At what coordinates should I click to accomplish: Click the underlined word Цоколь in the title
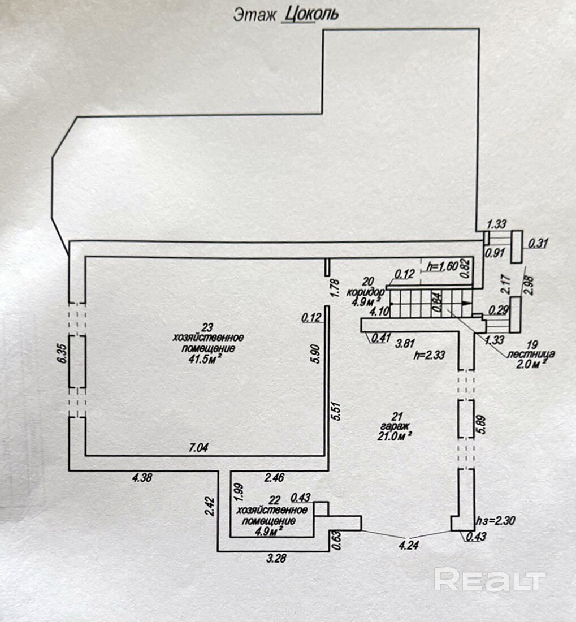(x=311, y=14)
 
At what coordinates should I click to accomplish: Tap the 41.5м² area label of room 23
(x=207, y=360)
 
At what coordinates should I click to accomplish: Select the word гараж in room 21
(x=396, y=426)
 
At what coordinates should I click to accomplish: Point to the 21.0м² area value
(x=395, y=436)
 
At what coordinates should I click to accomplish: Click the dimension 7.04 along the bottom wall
(x=198, y=448)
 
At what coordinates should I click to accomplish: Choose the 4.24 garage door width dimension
(x=409, y=545)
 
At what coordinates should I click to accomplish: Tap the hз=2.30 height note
(x=495, y=520)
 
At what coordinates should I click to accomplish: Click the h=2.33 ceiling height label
(x=430, y=355)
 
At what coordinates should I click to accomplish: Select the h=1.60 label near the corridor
(x=442, y=266)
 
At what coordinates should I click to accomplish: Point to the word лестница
(x=531, y=354)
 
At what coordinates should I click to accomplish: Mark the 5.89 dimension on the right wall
(x=482, y=425)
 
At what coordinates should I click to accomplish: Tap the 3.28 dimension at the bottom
(x=276, y=558)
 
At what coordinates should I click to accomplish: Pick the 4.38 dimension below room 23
(x=142, y=478)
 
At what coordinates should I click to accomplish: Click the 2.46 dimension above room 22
(x=274, y=477)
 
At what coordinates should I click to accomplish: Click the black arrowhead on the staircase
(x=467, y=303)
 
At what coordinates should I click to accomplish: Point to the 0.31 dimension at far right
(x=538, y=243)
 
